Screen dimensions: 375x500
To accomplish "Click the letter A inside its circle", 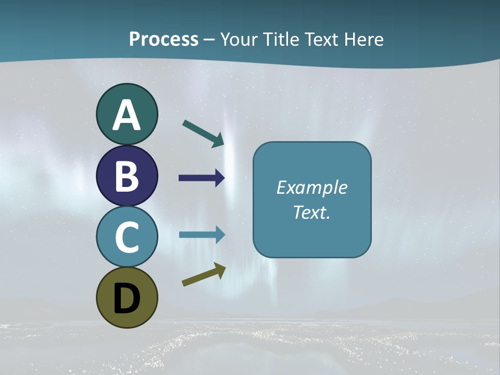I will [127, 115].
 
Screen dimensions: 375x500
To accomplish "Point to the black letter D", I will [127, 298].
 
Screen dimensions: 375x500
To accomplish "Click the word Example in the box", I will [311, 187].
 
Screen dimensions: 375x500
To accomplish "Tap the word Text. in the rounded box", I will [311, 212].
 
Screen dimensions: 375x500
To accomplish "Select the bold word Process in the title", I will [164, 39].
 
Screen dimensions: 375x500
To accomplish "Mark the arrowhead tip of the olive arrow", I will [225, 266].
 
